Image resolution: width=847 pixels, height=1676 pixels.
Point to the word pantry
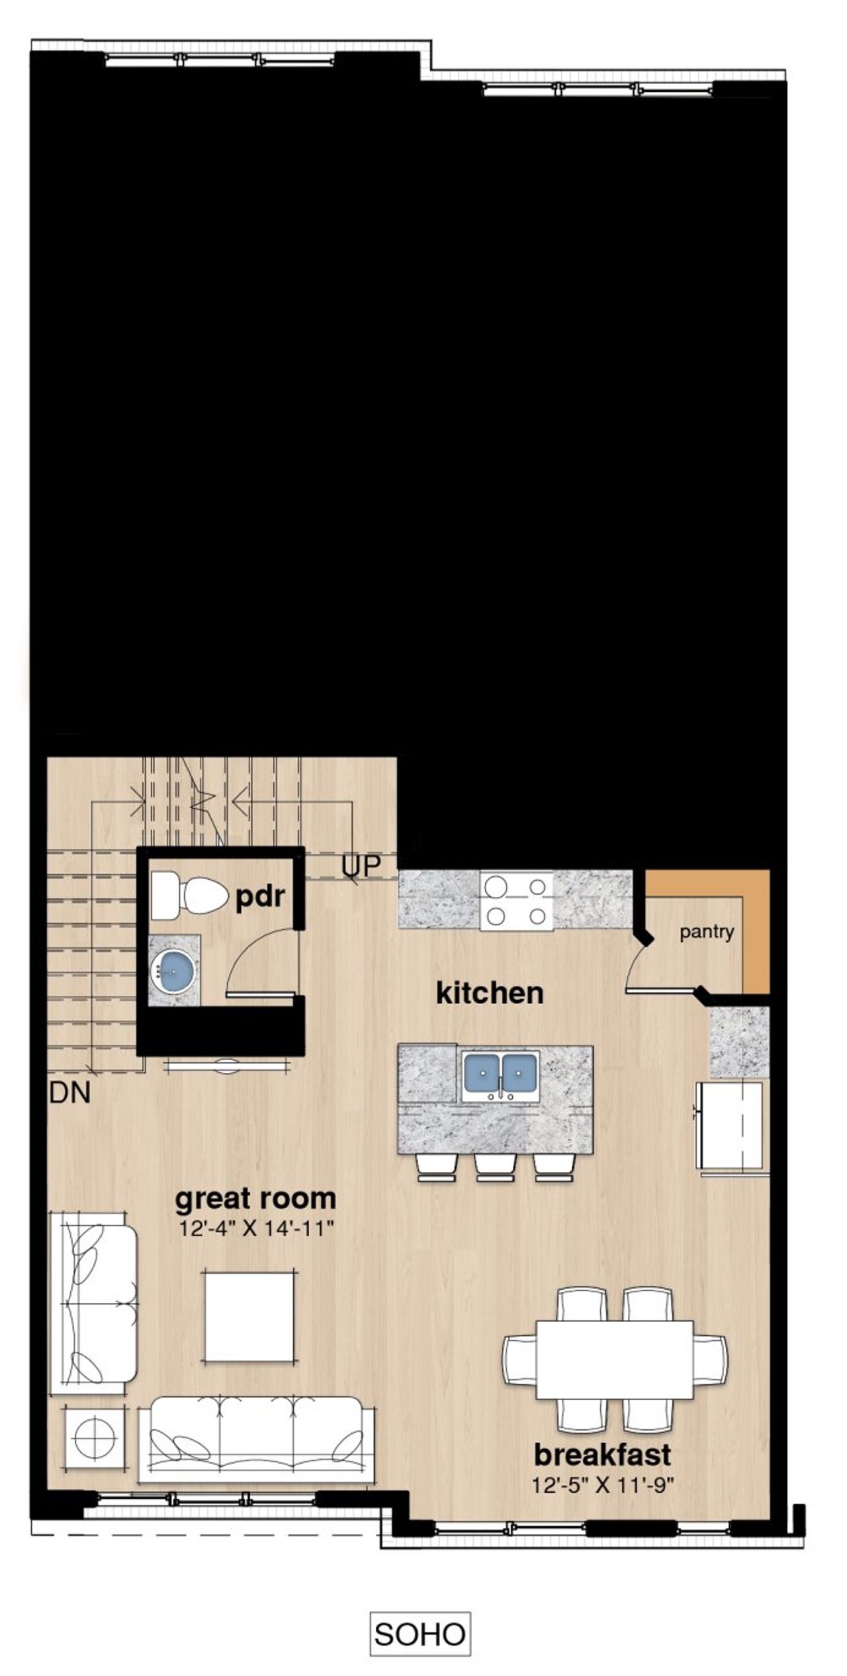click(x=707, y=933)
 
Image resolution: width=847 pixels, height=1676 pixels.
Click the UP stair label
click(x=361, y=866)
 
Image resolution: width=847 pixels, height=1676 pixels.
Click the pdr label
click(x=260, y=898)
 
